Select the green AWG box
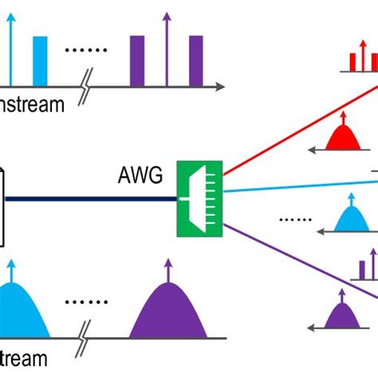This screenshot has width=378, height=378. point(199,199)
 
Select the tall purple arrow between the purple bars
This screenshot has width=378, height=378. point(166,48)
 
